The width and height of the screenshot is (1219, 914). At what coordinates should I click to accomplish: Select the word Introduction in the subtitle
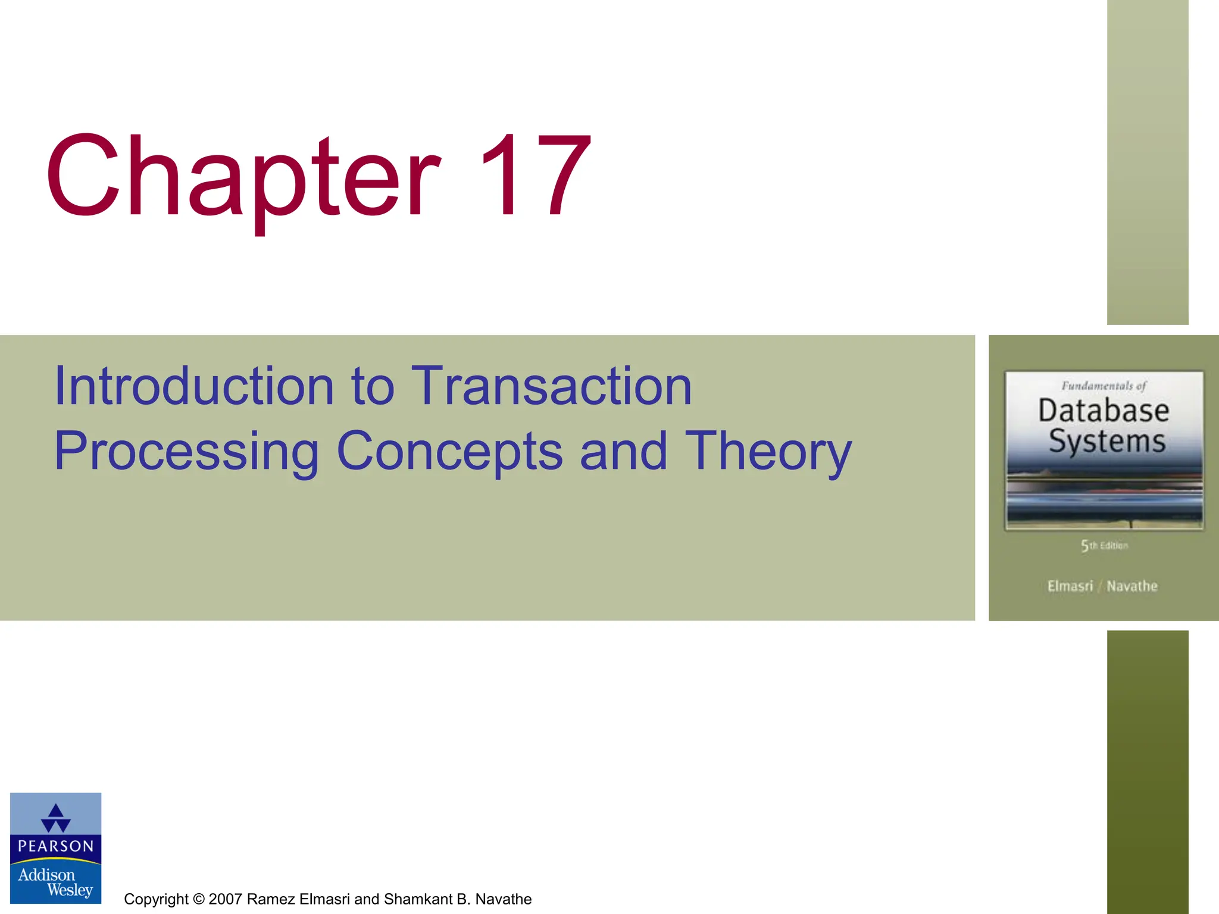193,387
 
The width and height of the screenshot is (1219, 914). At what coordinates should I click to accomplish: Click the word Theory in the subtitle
768,452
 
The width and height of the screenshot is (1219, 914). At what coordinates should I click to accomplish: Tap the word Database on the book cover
1104,411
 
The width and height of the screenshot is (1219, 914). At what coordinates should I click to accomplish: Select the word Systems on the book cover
1107,442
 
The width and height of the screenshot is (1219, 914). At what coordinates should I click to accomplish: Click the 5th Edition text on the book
1104,546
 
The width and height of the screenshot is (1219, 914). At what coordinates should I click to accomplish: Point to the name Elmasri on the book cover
1070,586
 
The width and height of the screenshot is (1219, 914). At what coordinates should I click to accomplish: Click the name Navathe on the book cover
1132,586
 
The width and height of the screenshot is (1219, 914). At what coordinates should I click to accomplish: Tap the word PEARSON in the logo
56,846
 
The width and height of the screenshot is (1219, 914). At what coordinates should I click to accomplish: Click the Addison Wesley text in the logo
55,882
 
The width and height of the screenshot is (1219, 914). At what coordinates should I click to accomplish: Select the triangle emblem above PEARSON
56,818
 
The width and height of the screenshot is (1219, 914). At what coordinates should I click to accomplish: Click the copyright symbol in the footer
199,899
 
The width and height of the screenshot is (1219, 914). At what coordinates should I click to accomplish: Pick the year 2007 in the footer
226,899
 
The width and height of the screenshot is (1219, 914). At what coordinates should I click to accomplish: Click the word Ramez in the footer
271,899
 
